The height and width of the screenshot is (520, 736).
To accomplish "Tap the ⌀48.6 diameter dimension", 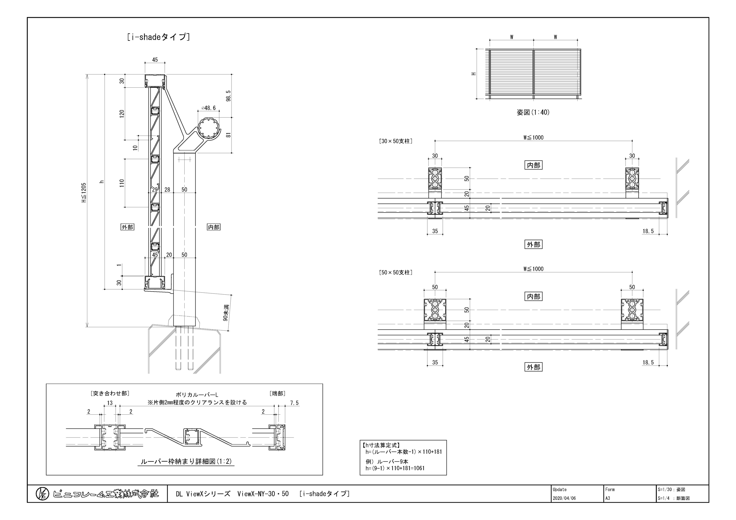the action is tap(209, 108).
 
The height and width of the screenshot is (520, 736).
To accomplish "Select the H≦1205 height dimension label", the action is tap(84, 193).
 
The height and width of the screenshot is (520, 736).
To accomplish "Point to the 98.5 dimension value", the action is tap(228, 96).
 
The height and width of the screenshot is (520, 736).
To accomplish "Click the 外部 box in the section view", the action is tap(127, 227).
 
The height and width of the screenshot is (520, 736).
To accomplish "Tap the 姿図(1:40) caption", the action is tap(533, 112).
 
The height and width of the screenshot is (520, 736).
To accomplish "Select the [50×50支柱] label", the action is tap(396, 272).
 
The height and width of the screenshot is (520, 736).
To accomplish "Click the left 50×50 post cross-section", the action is tap(435, 310).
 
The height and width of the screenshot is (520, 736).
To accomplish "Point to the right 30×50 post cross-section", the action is tap(632, 179).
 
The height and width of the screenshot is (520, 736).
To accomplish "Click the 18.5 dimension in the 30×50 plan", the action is tap(648, 231).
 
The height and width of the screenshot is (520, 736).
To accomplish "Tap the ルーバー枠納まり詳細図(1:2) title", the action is tap(186, 461).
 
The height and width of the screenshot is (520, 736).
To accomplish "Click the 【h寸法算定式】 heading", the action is tap(381, 445).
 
